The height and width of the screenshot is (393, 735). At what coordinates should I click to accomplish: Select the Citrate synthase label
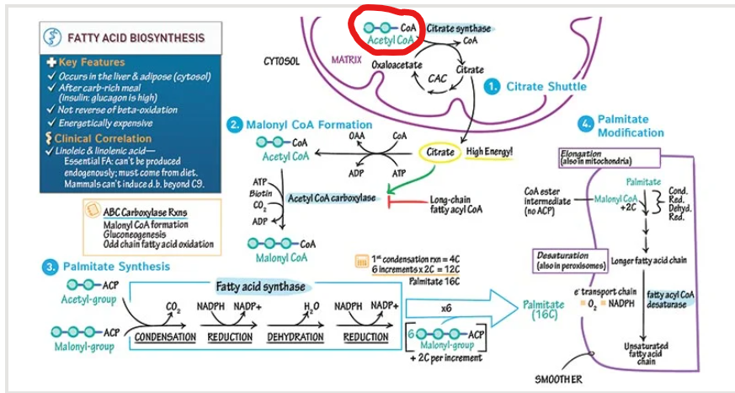[458, 29]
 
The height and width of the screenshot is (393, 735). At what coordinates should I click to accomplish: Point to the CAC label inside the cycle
[438, 79]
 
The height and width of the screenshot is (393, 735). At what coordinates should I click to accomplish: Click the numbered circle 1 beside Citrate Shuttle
[493, 86]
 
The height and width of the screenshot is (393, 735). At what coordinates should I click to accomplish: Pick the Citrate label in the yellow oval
[440, 152]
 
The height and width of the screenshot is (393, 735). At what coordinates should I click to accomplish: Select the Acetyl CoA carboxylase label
[330, 198]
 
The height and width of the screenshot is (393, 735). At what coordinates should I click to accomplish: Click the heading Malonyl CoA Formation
[301, 124]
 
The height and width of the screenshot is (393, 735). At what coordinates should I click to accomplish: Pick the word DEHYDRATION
[296, 336]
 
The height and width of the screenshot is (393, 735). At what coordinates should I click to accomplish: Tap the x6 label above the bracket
[446, 309]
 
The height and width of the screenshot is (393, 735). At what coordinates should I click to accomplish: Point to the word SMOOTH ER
[558, 379]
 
